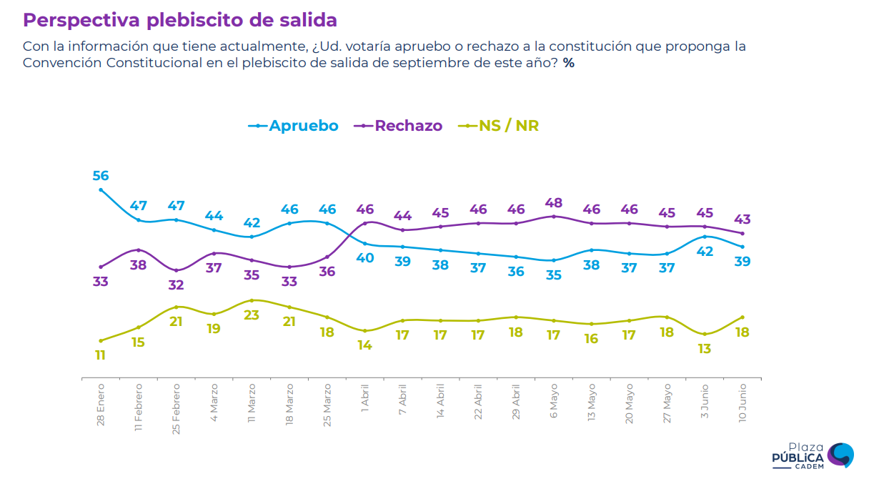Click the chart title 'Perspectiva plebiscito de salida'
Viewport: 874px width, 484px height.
180,20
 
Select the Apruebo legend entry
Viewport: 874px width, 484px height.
294,126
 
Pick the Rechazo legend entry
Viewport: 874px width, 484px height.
400,126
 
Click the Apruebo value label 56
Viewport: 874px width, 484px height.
101,176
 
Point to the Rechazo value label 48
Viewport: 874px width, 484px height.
554,203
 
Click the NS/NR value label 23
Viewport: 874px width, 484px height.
252,315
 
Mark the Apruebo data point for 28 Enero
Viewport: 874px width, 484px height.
101,190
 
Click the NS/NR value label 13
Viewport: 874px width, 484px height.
705,348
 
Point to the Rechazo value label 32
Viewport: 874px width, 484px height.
176,285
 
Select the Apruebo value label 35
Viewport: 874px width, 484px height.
554,275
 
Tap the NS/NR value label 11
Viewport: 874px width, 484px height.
100,355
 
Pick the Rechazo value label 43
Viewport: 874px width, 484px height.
743,219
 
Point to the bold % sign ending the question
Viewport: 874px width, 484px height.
569,63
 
